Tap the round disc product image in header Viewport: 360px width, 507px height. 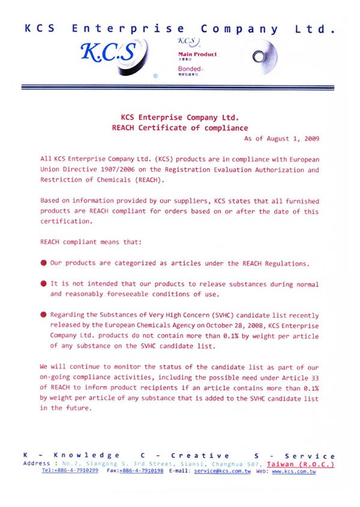(x=259, y=56)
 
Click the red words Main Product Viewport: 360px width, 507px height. (x=198, y=54)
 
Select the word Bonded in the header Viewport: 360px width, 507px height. (x=190, y=69)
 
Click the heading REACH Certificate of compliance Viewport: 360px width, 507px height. (x=180, y=128)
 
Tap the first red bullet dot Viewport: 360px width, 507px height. (x=44, y=263)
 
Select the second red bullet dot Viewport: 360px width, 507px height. (x=44, y=284)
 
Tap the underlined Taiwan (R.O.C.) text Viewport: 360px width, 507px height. (x=301, y=464)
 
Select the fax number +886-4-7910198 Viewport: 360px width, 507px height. (x=141, y=472)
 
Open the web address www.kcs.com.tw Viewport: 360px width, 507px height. (x=293, y=472)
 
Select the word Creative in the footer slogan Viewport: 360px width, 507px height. (x=200, y=456)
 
